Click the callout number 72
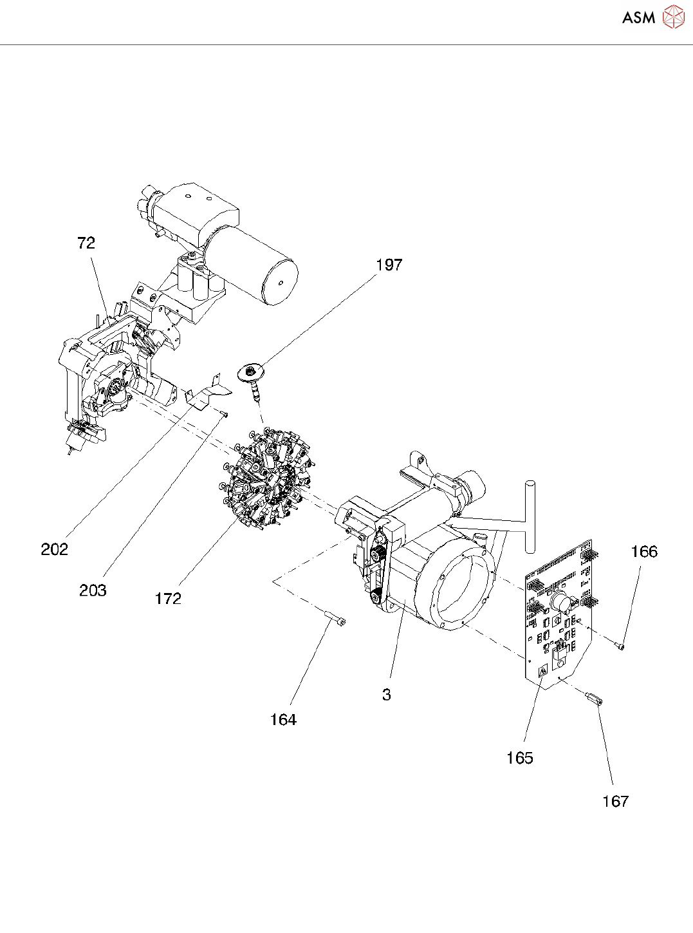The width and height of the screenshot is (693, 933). coord(86,243)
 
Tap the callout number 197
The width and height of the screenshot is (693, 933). coord(389,265)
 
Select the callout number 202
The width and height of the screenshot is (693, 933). coord(54,549)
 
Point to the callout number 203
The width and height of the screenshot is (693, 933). coord(93,590)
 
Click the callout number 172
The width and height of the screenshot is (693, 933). coord(168,599)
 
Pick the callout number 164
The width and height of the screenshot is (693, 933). coord(283,720)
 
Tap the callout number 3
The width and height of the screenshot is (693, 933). coord(386,695)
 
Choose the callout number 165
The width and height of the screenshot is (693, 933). coord(520,758)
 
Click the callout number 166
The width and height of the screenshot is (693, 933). coord(644,552)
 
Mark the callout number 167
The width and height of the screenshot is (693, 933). coord(615,801)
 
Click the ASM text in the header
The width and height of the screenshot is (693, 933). coord(638,18)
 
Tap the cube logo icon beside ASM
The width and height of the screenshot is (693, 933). coord(673,17)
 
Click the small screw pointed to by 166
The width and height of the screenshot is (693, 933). coord(621,646)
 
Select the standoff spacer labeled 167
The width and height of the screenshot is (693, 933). coord(594,698)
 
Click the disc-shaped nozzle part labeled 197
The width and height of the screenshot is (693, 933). coord(252,373)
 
